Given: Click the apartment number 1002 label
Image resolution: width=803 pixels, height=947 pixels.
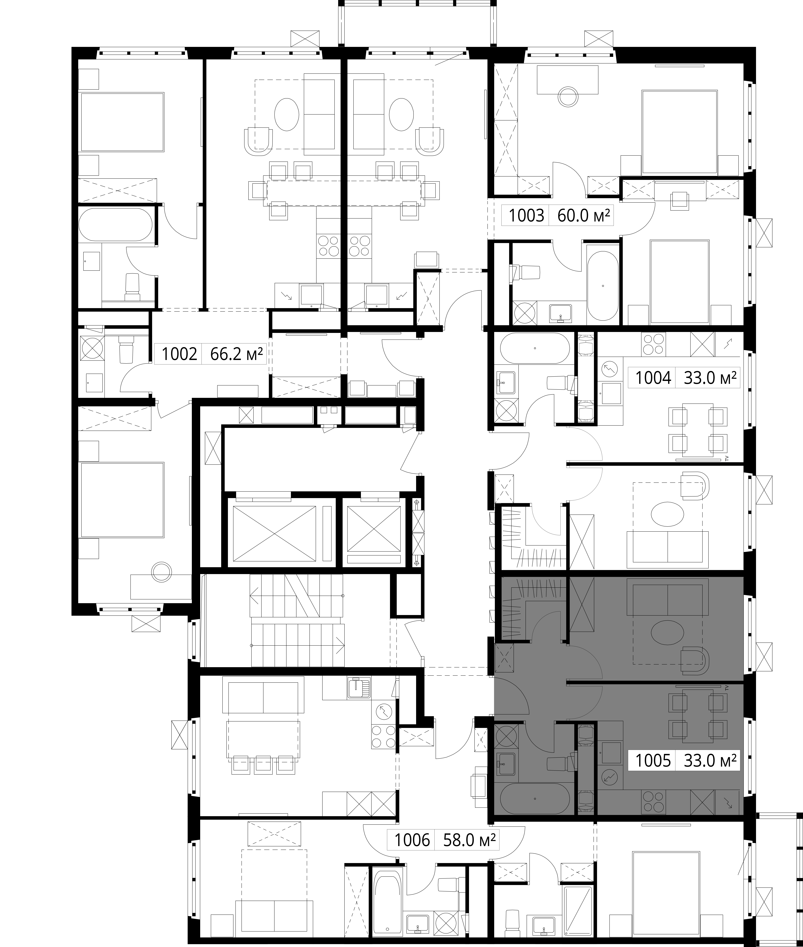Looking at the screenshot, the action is pyautogui.click(x=179, y=354).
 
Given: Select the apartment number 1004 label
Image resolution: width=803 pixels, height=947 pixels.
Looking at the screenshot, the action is pyautogui.click(x=653, y=378).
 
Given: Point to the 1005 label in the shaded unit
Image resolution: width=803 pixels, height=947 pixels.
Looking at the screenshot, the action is pyautogui.click(x=653, y=760).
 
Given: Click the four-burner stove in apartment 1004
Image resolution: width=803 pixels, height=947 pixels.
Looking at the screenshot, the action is pyautogui.click(x=653, y=344).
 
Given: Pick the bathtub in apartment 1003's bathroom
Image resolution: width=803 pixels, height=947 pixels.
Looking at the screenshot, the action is pyautogui.click(x=603, y=283).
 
